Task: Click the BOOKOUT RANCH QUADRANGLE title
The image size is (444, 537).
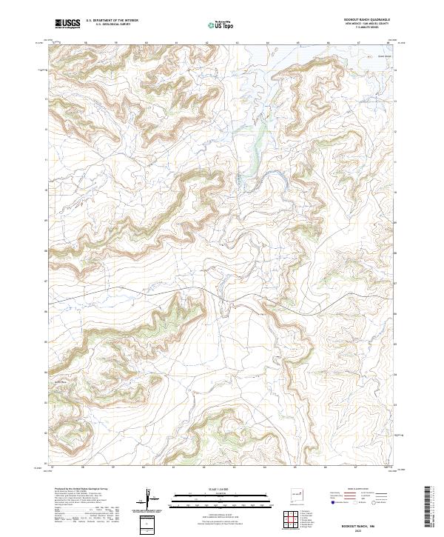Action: pos(367,19)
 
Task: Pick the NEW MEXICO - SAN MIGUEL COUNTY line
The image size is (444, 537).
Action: pos(367,24)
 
